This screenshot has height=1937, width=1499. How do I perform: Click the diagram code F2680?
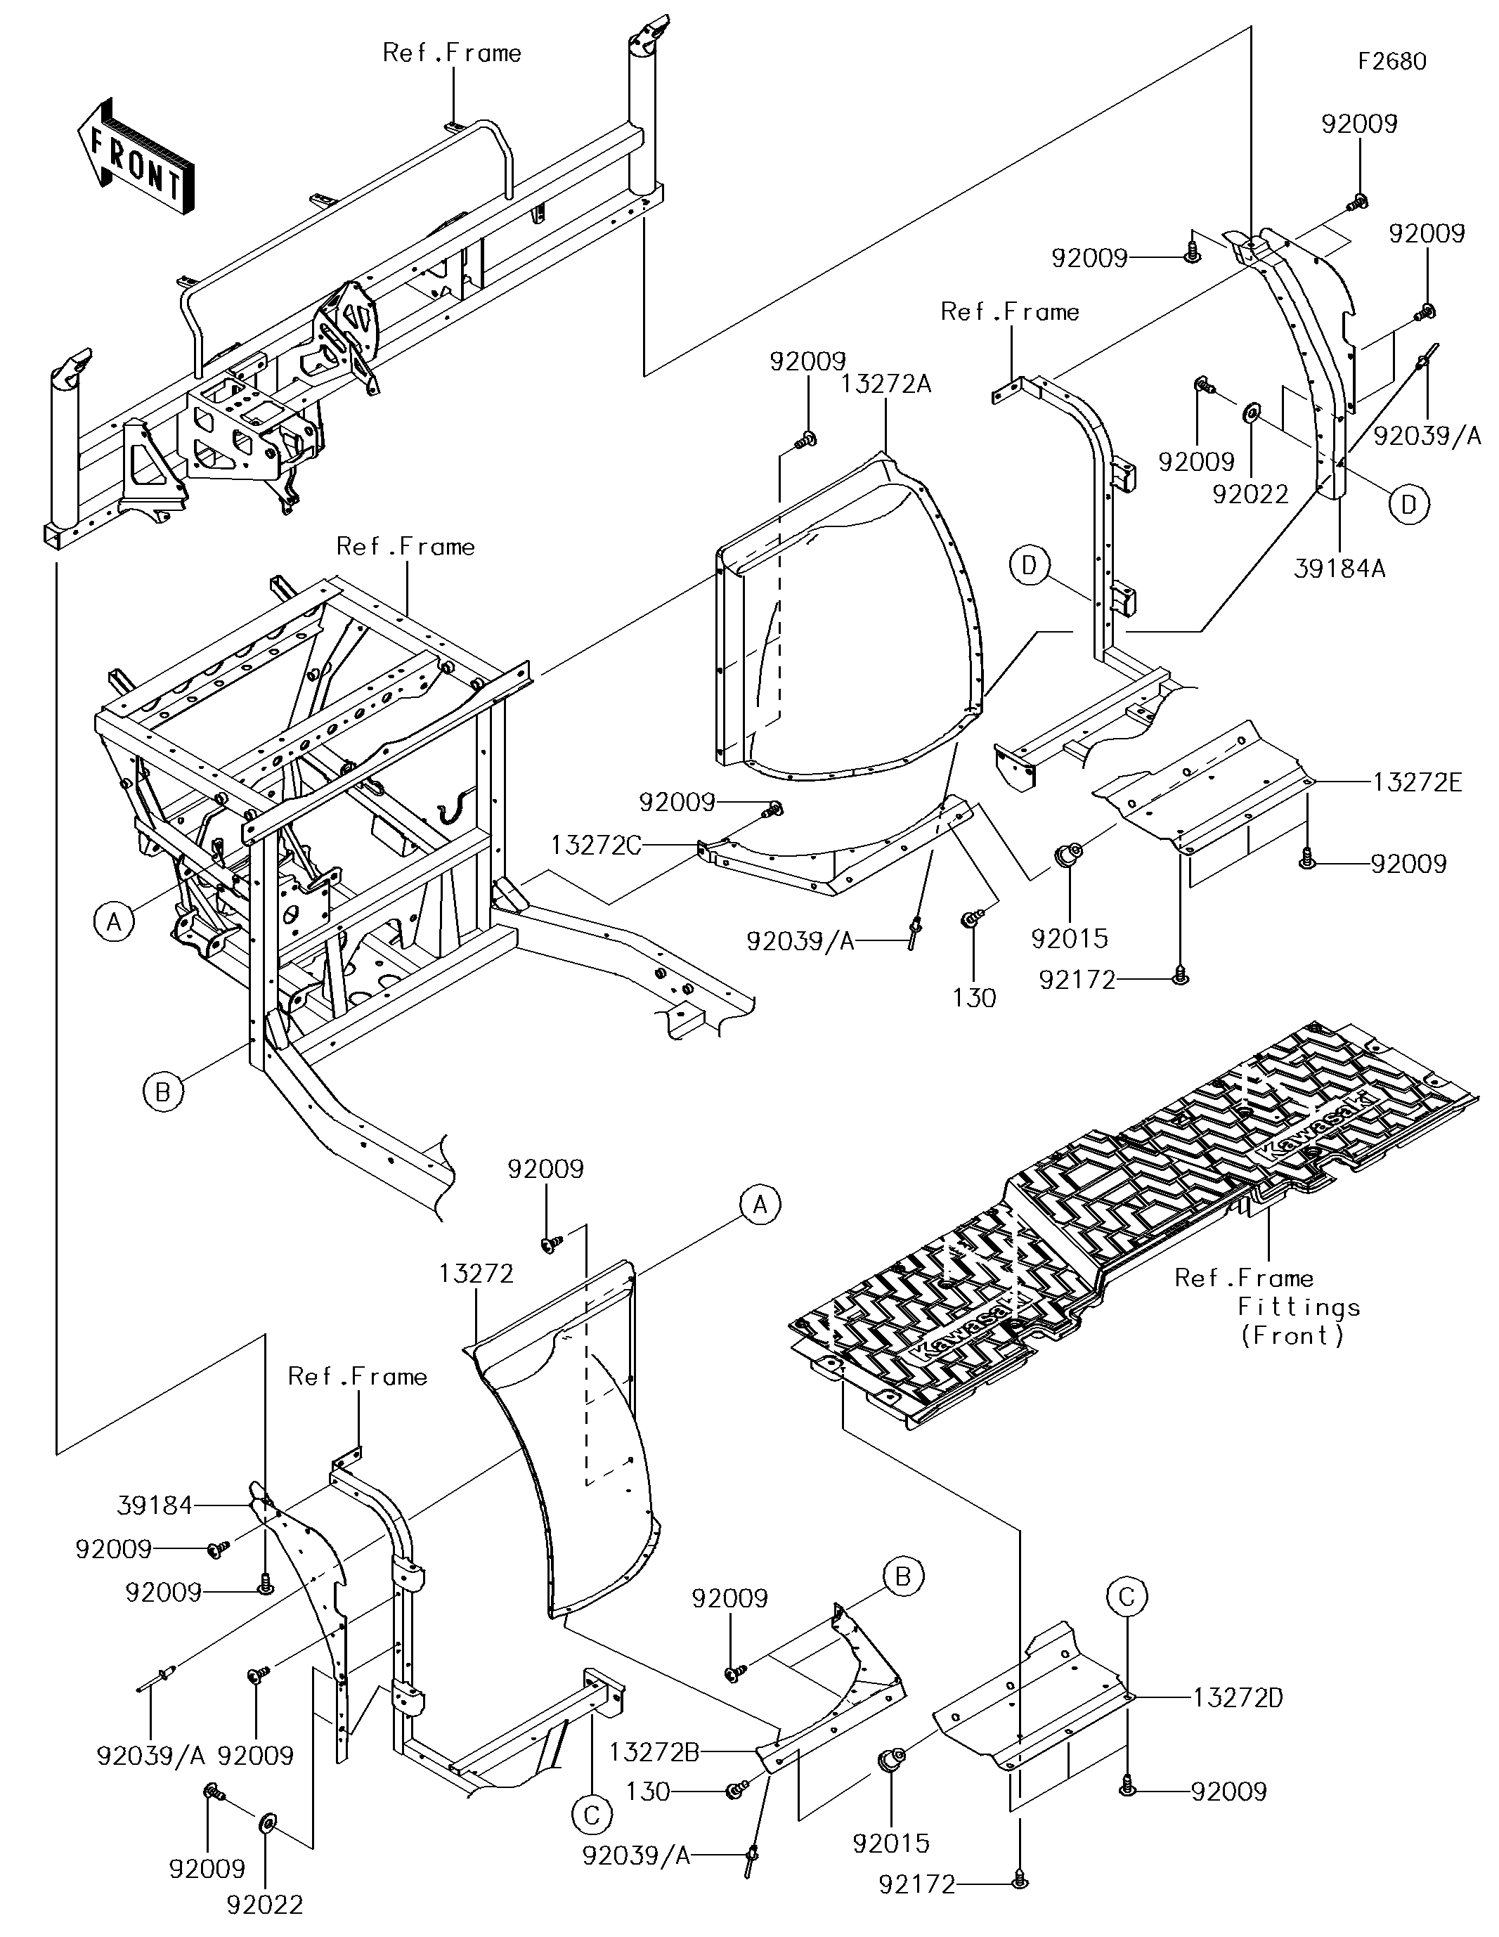click(x=1393, y=61)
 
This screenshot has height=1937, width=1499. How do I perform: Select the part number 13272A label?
click(x=886, y=384)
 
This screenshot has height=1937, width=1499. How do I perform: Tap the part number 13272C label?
click(x=595, y=846)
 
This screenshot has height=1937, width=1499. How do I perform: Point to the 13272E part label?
click(x=1417, y=782)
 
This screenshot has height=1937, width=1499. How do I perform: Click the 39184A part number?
click(x=1339, y=569)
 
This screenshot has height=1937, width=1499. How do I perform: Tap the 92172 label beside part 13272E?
click(x=1077, y=980)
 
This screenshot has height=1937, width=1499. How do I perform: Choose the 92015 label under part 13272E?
click(x=1070, y=938)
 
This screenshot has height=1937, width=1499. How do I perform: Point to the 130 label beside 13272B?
click(x=649, y=1792)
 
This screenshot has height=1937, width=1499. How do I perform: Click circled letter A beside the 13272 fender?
click(x=760, y=1205)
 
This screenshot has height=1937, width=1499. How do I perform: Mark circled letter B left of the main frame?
click(x=162, y=1091)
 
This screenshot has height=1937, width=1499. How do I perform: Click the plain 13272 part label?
click(x=476, y=1274)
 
